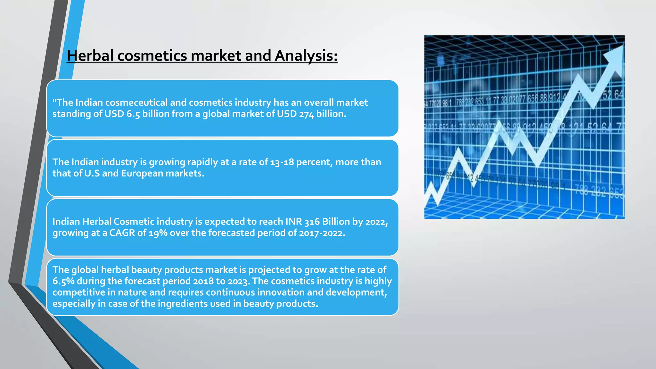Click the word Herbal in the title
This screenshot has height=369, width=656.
click(x=90, y=55)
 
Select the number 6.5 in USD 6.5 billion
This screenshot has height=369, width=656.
click(x=133, y=114)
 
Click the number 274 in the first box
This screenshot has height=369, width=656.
click(x=306, y=114)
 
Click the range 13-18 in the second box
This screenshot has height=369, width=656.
click(x=282, y=162)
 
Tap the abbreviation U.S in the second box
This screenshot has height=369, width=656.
click(x=92, y=173)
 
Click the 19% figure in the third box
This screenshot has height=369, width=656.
click(x=158, y=233)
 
